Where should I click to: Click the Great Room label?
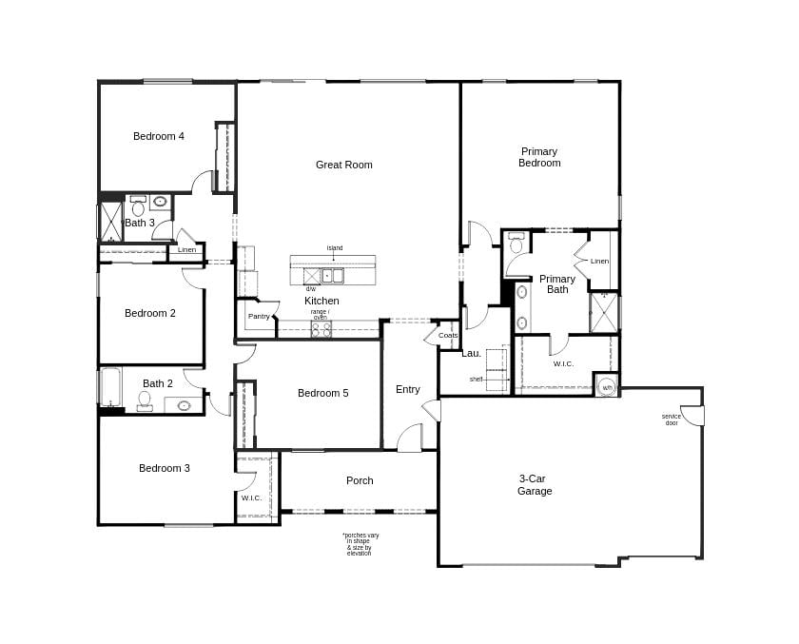[x=343, y=165]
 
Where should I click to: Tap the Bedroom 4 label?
[x=159, y=136]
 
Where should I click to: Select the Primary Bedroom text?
[x=539, y=157]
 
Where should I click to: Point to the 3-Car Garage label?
[x=535, y=485]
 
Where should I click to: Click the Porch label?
[x=360, y=480]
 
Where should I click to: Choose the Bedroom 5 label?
[x=322, y=393]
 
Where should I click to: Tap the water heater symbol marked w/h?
[x=607, y=387]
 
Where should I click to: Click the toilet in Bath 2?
[x=145, y=400]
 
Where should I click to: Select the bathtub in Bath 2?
[x=110, y=388]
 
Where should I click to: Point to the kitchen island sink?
[x=332, y=276]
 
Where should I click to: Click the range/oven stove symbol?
[x=322, y=329]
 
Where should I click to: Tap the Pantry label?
[x=259, y=316]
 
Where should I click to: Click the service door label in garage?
[x=672, y=419]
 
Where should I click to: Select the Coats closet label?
[x=448, y=335]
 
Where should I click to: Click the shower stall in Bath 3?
[x=110, y=221]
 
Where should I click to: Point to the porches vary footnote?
[x=360, y=543]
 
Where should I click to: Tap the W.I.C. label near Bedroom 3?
[x=251, y=498]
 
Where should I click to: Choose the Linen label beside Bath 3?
[x=186, y=249]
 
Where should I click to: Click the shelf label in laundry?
[x=476, y=379]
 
